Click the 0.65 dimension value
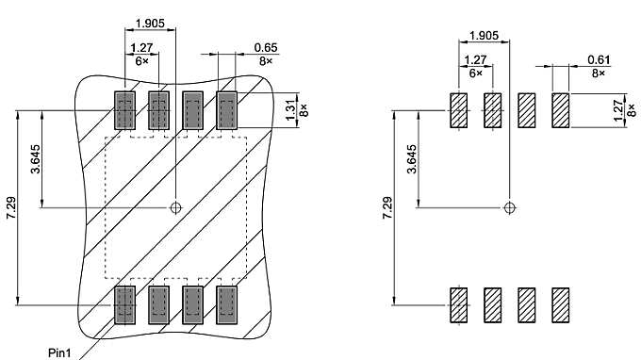[266, 47]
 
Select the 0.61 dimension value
[599, 60]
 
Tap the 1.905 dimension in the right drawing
[484, 35]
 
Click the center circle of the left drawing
[175, 207]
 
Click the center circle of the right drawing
[510, 207]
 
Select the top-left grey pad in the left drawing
[124, 110]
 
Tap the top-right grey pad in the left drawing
[226, 110]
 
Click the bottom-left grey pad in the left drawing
[124, 304]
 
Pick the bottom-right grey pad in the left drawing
[226, 304]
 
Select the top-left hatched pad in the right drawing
[459, 110]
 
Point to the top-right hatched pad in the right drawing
[561, 110]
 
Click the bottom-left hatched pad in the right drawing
[459, 304]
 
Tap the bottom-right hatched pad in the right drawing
[561, 304]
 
